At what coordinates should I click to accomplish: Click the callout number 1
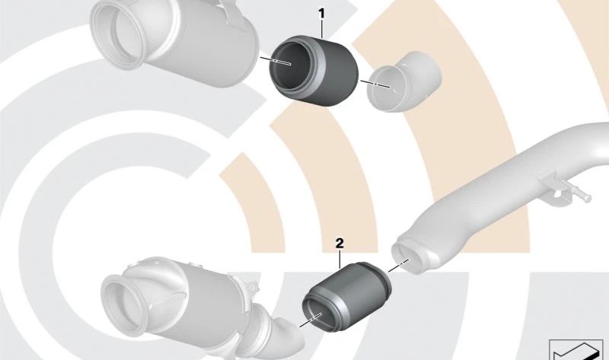coord(321,14)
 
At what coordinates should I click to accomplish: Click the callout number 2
coord(340,244)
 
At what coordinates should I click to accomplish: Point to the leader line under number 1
coord(322,28)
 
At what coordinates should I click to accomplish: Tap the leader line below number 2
coord(340,259)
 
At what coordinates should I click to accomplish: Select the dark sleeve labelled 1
coord(314,71)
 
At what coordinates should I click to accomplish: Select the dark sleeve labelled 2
coord(347,296)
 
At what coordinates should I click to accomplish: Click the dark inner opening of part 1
coord(290,65)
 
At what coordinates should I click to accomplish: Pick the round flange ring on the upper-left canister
coord(118,36)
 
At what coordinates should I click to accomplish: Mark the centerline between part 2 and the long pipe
coord(398,265)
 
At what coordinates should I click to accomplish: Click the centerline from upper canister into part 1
coord(276,60)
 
